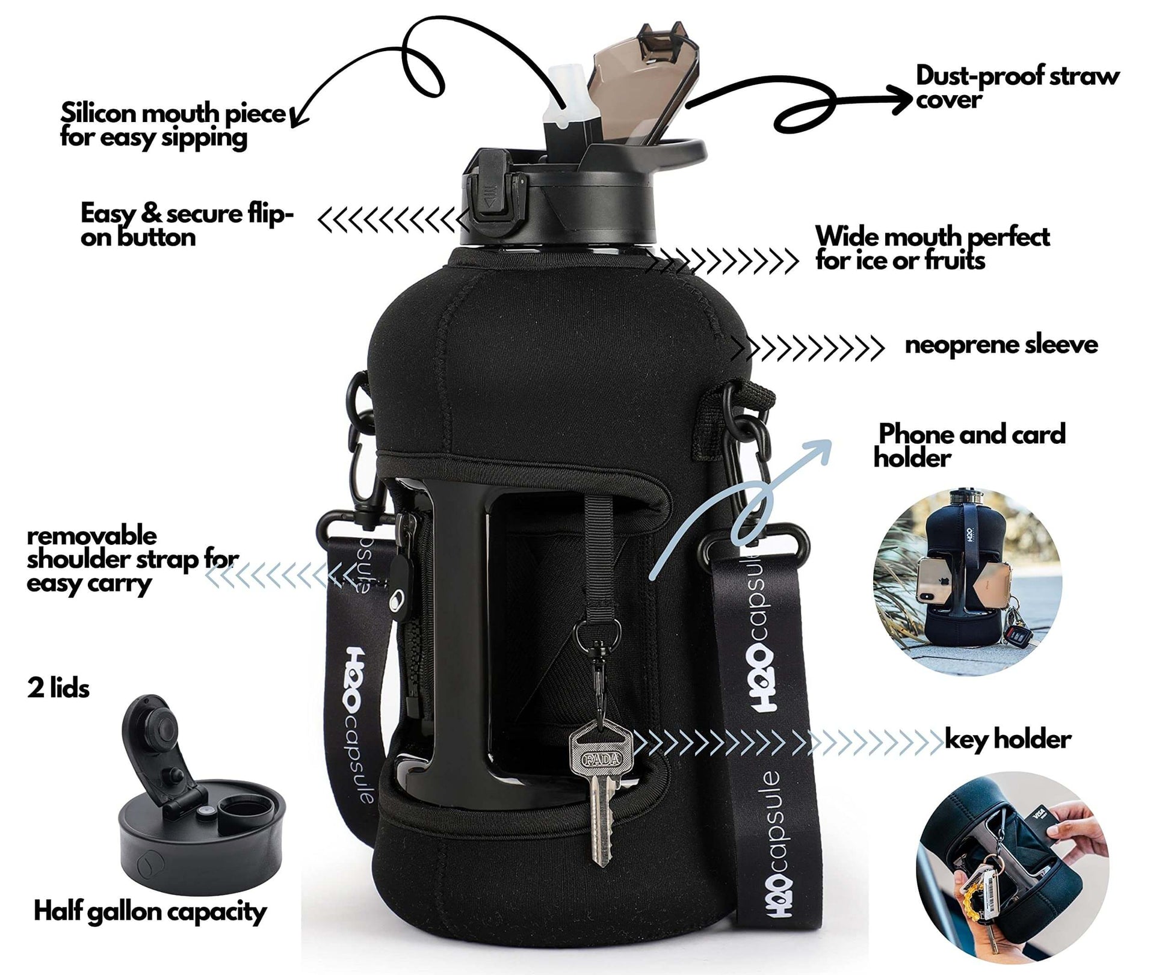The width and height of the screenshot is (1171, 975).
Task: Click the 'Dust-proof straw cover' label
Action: (1016, 88)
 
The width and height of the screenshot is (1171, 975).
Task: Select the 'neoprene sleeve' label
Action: (1001, 345)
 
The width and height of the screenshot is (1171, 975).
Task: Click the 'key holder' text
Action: (1007, 739)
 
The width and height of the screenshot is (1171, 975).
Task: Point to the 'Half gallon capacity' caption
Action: (150, 912)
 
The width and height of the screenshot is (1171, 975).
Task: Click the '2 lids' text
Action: (58, 688)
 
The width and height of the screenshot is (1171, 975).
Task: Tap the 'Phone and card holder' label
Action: (969, 446)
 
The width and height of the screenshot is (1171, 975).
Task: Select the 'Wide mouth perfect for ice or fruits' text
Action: (932, 248)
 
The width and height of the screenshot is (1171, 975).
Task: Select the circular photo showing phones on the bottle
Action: (968, 582)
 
